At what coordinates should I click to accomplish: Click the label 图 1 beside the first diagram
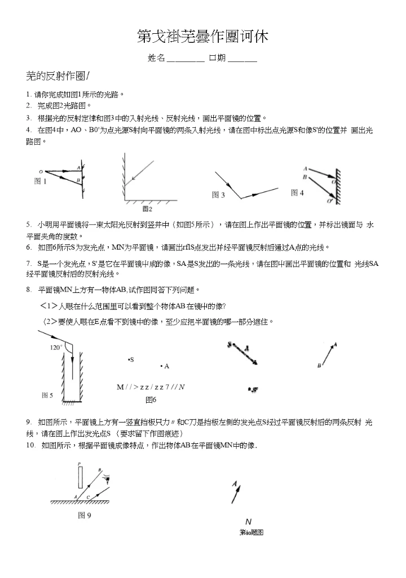40,181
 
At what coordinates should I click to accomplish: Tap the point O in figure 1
40,171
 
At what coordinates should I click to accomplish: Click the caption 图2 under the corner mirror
147,209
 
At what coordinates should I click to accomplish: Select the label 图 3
218,195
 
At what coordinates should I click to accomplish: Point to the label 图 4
297,193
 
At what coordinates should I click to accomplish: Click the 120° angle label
56,348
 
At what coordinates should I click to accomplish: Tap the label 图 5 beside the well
47,395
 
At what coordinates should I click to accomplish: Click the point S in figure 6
131,359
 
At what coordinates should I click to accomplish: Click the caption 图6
151,400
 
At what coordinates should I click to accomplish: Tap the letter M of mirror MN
120,387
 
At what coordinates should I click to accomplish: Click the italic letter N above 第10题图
248,522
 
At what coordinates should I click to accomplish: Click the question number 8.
28,290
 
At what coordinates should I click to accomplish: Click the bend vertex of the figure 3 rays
241,198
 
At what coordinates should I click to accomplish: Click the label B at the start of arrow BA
319,366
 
